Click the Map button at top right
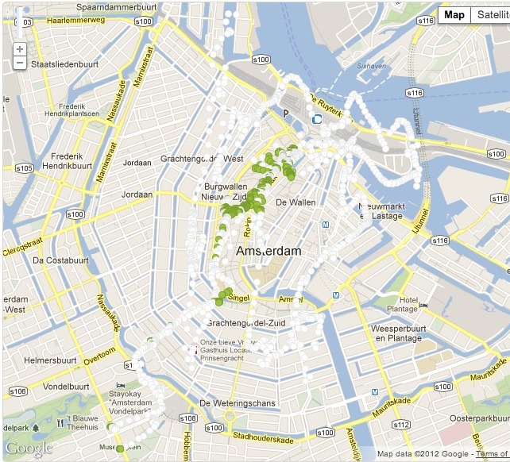coord(454,15)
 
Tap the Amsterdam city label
coord(269,251)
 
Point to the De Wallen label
coord(295,202)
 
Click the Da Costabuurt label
coord(59,260)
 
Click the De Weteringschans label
coord(238,403)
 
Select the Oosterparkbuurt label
coord(473,418)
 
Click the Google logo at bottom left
coord(29,449)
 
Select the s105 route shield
coord(23,167)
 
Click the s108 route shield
coord(188,418)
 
